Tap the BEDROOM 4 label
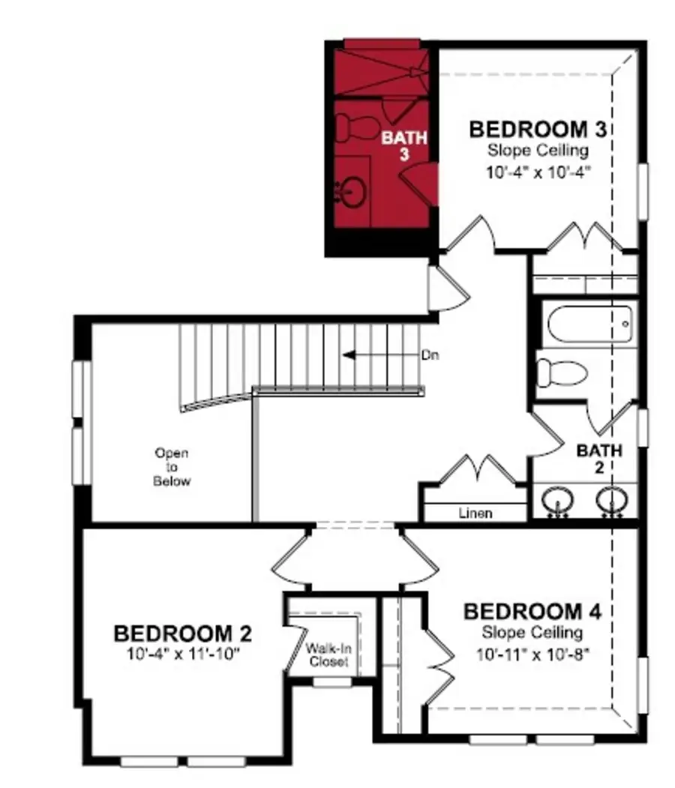click(x=532, y=612)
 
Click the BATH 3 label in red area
click(x=405, y=145)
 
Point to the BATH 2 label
click(x=599, y=459)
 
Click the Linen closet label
click(x=475, y=514)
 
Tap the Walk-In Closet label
click(x=328, y=655)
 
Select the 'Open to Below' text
click(x=172, y=467)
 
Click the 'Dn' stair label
click(x=429, y=354)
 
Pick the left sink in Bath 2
click(x=556, y=499)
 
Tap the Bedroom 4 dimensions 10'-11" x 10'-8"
click(x=532, y=654)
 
